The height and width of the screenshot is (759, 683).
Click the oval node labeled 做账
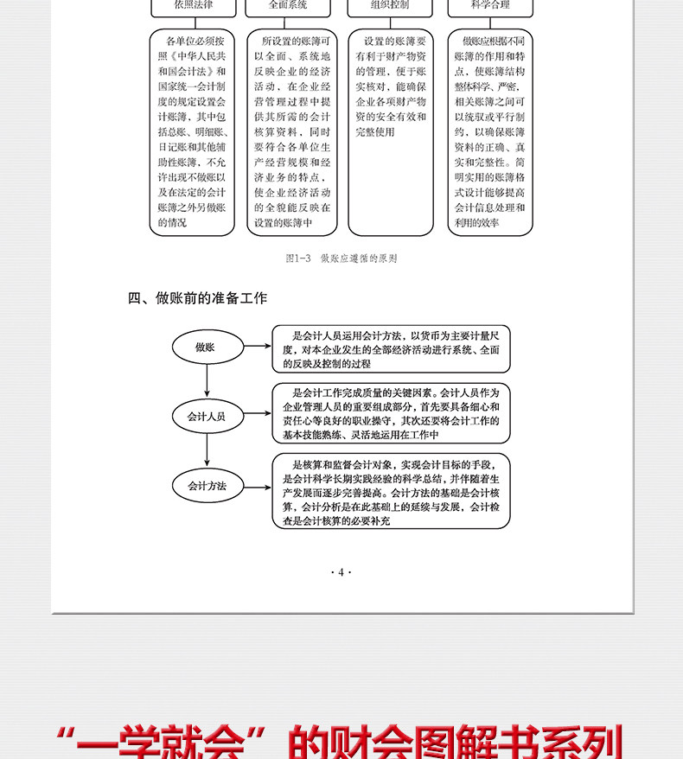pos(206,348)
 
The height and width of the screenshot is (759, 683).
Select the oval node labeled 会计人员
pos(206,416)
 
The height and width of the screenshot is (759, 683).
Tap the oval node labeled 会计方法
pos(206,486)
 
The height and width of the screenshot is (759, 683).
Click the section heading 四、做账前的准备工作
pos(197,299)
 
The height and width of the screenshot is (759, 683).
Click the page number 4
pos(341,572)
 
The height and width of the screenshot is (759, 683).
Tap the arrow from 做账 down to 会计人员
pos(207,381)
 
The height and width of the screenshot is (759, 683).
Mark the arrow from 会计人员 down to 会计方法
pos(207,450)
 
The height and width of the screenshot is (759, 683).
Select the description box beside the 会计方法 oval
pos(391,490)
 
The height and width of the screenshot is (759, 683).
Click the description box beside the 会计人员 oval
pos(391,414)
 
